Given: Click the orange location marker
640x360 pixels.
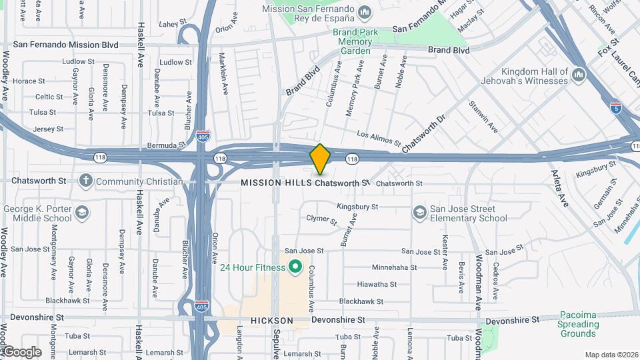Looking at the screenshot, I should pos(320,159).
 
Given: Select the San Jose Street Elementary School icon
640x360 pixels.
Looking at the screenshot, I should pos(419,212).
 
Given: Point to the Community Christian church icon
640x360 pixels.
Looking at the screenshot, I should pos(85,181).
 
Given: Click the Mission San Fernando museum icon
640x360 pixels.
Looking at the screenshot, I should pos(365,13).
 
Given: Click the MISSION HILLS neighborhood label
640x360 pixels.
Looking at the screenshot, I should pos(276,183).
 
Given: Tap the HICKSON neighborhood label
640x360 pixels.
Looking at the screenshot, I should pos(272,321).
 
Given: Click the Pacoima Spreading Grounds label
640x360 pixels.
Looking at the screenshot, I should pos(578,323).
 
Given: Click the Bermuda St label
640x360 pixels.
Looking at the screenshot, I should pos(167,145).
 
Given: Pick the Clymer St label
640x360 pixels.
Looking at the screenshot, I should pos(321,219).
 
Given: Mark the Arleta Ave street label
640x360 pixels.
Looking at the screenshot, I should pos(560,187).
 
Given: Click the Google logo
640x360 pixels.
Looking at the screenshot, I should pos(21,351).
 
